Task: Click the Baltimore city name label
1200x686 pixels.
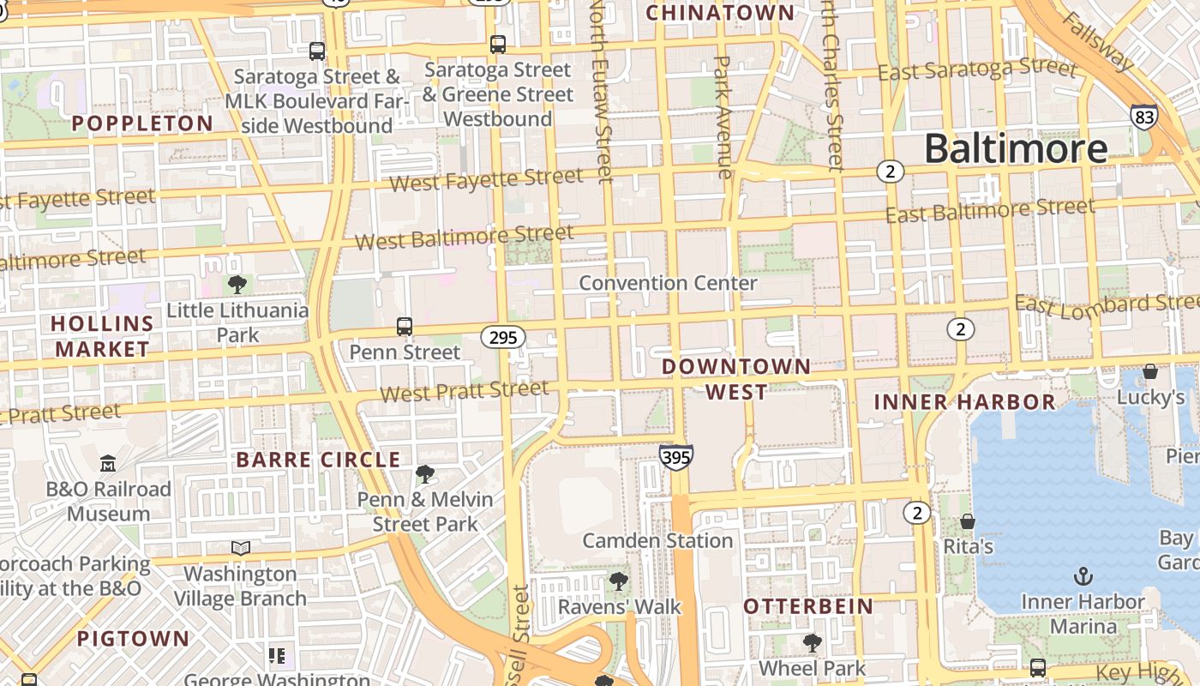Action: tap(1016, 148)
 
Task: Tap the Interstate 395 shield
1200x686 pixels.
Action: tap(676, 458)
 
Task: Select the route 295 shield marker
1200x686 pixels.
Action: tap(502, 337)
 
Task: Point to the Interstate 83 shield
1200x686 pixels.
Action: tap(1143, 117)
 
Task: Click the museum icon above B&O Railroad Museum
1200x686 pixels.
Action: tap(108, 464)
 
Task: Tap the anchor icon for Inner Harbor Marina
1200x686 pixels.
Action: tap(1083, 575)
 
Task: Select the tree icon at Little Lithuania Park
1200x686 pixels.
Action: tap(237, 284)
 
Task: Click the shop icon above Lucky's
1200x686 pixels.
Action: tap(1150, 371)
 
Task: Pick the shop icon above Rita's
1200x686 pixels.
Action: tap(968, 521)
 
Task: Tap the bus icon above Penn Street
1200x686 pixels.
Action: tap(405, 327)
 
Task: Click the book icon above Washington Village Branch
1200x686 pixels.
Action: tap(241, 548)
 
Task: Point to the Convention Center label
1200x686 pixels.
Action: tap(668, 283)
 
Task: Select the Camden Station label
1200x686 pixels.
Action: tap(657, 541)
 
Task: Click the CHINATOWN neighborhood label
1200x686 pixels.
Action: tap(720, 13)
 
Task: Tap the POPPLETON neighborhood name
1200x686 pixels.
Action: tap(142, 123)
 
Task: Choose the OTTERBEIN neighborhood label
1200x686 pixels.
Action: tap(808, 606)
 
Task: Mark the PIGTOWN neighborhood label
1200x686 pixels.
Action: tap(133, 638)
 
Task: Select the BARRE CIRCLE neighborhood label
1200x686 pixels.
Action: tap(318, 460)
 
